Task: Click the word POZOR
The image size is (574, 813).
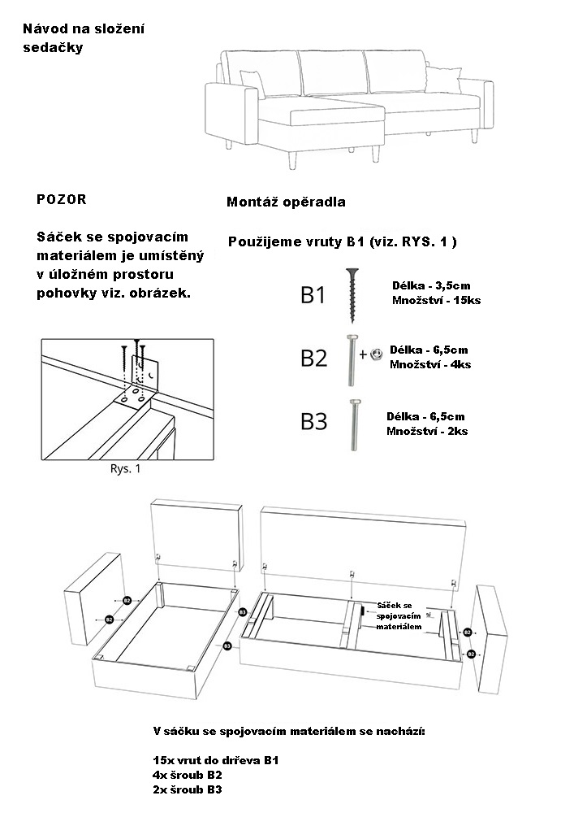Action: tap(61, 199)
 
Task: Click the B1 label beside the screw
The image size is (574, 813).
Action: tap(313, 294)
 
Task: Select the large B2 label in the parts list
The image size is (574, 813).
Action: tap(313, 357)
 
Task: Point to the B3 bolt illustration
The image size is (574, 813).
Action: tap(356, 424)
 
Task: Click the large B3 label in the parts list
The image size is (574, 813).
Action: tap(313, 421)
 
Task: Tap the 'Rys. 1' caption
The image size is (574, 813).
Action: tap(125, 469)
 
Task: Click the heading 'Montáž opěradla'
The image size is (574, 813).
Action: tap(286, 202)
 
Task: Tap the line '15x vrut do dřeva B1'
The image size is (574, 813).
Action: tap(215, 760)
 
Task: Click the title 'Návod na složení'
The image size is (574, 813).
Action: tap(84, 29)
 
